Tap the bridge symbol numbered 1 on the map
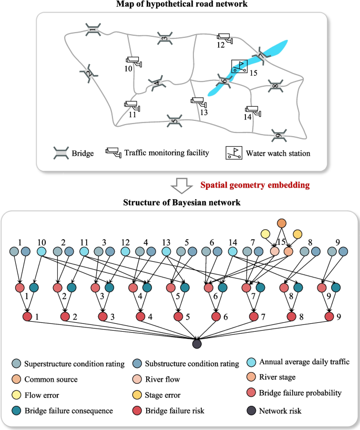tap(93, 29)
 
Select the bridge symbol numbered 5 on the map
tap(174, 121)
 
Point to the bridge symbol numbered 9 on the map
tap(279, 136)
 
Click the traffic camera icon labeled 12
tap(224, 38)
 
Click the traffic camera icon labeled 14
tap(253, 110)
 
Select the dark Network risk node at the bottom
tap(197, 344)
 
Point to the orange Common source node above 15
tap(282, 222)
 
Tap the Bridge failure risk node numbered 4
tap(140, 317)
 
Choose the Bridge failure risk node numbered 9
tap(329, 317)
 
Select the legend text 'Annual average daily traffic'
tap(304, 362)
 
